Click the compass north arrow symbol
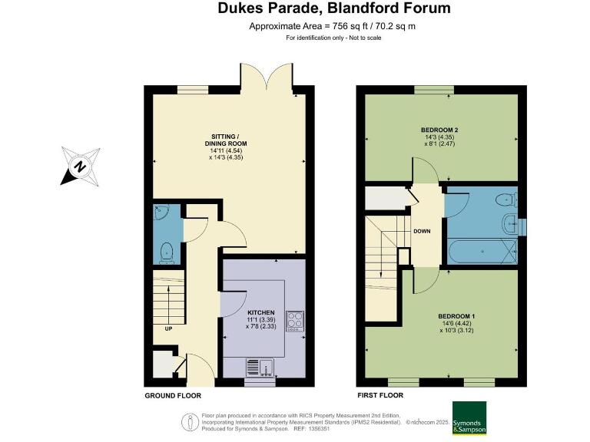[78, 167]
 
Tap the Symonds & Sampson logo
[469, 418]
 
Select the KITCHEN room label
[261, 313]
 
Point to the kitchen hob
[295, 321]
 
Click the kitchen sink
[260, 368]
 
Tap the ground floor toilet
[167, 251]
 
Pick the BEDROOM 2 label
[439, 130]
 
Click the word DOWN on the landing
[422, 231]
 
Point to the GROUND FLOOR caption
[173, 396]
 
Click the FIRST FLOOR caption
[380, 396]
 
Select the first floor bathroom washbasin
[510, 225]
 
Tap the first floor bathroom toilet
[505, 201]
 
